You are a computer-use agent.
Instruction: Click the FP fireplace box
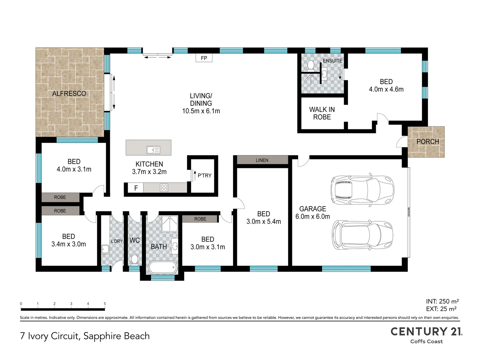coord(204,58)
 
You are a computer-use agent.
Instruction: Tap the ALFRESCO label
coord(69,94)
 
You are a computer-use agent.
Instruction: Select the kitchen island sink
coord(153,150)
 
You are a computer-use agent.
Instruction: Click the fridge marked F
coord(136,188)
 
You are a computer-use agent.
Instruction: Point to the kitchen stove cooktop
coord(164,188)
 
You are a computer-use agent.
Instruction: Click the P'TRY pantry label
coord(204,176)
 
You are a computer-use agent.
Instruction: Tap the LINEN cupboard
coord(262,160)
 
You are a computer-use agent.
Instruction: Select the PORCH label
coord(428,142)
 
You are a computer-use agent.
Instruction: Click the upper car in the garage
coord(362,190)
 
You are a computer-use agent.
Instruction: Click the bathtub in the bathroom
coord(163,267)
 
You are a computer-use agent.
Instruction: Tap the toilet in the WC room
coord(134,259)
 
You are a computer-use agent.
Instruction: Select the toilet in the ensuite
coord(311,65)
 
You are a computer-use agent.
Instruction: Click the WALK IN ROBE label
coord(322,113)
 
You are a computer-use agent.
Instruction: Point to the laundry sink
coord(105,249)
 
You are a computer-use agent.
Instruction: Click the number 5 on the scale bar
coord(105,304)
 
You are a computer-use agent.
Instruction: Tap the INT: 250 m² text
coord(442,301)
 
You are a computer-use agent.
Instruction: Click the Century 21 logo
coord(426,335)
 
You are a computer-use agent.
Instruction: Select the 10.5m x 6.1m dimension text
coord(201,111)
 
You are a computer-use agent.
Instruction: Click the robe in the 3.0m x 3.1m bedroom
coord(200,219)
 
